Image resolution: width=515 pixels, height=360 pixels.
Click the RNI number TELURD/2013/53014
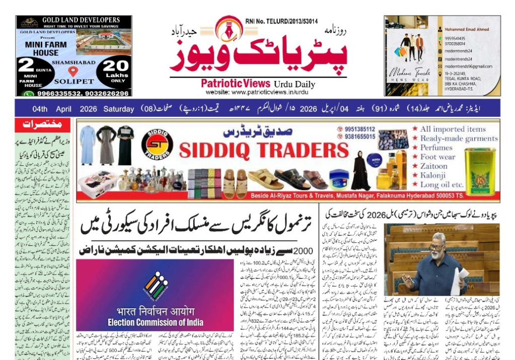(x=282, y=21)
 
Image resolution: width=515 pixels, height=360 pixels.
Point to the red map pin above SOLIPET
(x=73, y=72)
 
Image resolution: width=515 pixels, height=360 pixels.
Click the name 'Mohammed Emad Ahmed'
(x=467, y=29)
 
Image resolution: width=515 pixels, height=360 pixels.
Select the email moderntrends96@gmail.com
(x=468, y=66)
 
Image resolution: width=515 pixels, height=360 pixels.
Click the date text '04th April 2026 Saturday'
(x=83, y=109)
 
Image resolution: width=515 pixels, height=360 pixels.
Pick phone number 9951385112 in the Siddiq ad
(x=360, y=129)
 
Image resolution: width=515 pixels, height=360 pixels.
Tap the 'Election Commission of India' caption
(x=155, y=322)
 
